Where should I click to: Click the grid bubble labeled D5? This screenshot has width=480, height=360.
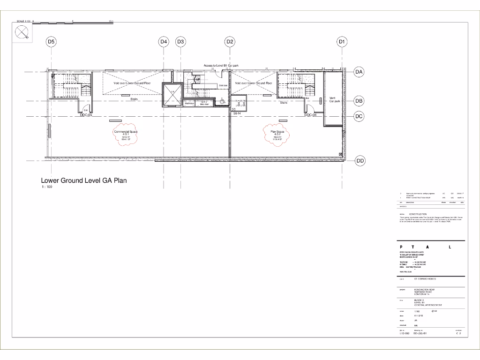[52, 42]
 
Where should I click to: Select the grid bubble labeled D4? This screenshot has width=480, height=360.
[164, 42]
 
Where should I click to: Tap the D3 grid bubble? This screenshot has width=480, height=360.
[181, 42]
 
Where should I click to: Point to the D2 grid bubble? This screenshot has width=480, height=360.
[230, 42]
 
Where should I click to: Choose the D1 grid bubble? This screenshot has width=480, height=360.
[342, 42]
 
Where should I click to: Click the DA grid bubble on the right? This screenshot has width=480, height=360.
[359, 72]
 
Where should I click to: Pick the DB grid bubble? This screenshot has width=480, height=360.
[359, 101]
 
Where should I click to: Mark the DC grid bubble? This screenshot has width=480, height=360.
[359, 116]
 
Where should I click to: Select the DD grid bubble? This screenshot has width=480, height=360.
[360, 161]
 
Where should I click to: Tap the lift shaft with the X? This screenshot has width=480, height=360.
[172, 95]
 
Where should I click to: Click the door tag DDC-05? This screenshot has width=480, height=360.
[86, 115]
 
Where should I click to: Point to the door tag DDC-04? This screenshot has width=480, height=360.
[311, 115]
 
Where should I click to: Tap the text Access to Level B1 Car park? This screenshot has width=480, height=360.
[222, 66]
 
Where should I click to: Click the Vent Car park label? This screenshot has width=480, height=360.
[334, 99]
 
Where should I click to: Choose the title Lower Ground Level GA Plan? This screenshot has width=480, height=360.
[84, 180]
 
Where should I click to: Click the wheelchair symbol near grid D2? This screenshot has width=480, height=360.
[222, 99]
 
